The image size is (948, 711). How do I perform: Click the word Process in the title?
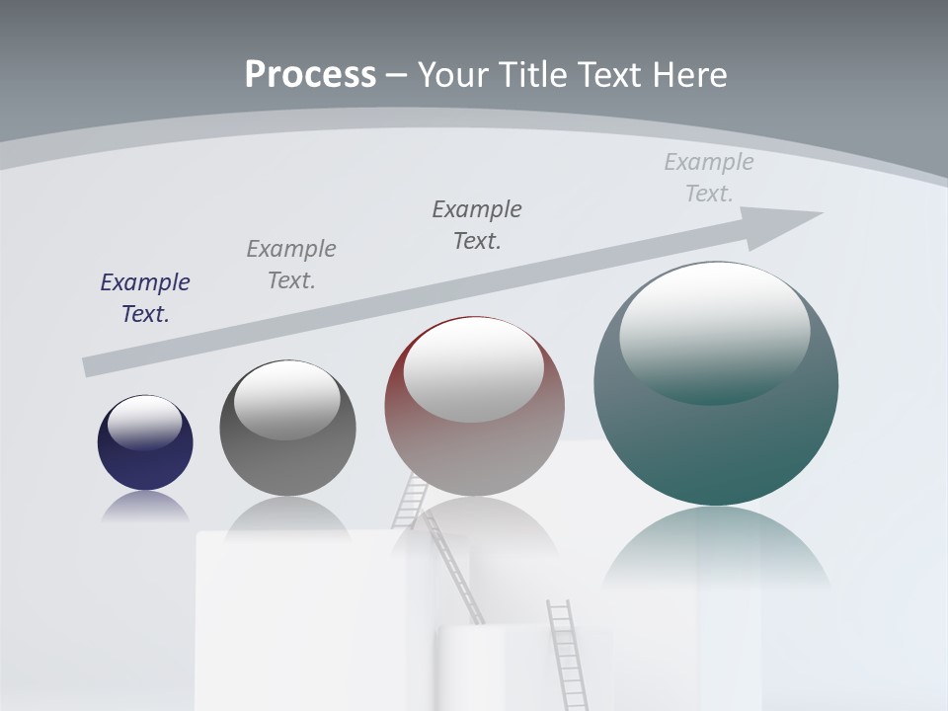[310, 75]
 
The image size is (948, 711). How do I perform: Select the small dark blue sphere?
[145, 443]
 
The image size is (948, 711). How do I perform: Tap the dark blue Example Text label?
[145, 298]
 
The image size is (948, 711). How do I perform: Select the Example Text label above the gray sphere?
[291, 265]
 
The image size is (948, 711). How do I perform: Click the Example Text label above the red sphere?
[477, 225]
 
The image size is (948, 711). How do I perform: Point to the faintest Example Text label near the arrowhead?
[709, 178]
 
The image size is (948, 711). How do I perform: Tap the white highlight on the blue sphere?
[144, 422]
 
